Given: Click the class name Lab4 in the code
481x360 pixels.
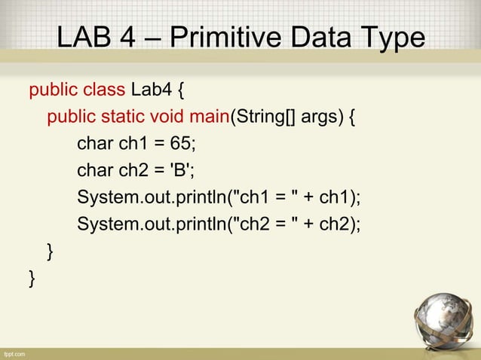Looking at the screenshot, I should coord(152,92).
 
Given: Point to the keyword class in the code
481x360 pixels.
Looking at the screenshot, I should coord(104,92).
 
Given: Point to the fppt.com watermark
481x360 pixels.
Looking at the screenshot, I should coord(14,353).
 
